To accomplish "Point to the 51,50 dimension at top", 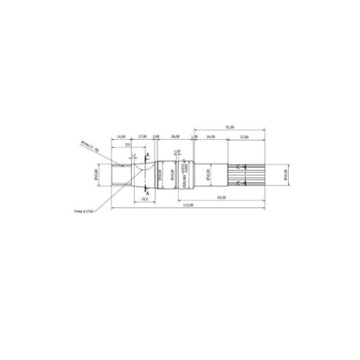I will click(229, 127).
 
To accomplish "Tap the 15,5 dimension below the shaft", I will click(145, 200).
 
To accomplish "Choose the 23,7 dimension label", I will click(128, 144).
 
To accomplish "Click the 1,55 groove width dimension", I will click(177, 152).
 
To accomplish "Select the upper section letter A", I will click(148, 154).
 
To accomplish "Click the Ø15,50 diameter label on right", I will click(285, 174).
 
